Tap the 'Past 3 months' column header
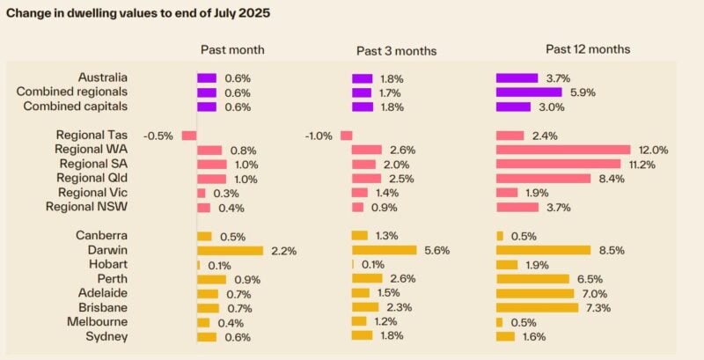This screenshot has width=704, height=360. (x=396, y=51)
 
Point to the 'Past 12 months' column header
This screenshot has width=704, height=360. (x=588, y=49)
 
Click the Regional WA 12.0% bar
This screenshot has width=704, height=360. (x=563, y=150)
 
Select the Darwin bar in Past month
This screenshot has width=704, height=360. (x=230, y=251)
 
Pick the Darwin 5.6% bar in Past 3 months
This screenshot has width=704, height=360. (x=384, y=250)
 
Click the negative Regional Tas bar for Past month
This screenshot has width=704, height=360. (x=189, y=136)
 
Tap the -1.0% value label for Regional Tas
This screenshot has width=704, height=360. (x=319, y=136)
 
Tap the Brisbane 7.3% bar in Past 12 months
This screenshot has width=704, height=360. (x=537, y=308)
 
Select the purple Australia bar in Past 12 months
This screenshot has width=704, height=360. (x=517, y=77)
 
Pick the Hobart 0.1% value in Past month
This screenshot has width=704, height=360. (x=219, y=265)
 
